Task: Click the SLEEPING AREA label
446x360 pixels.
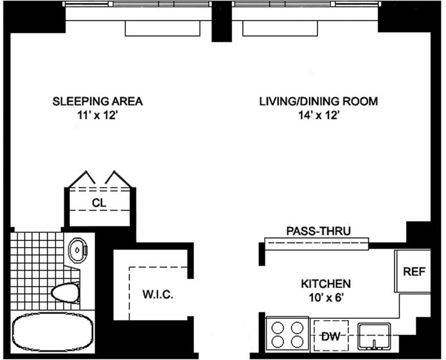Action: coord(98,102)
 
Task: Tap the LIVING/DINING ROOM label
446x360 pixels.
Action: coord(318,102)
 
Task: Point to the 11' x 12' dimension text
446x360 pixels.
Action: coord(97,115)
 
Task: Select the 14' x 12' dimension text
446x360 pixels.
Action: coord(318,115)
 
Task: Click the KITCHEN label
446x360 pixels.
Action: coord(326,283)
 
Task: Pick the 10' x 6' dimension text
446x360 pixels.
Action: coord(325,298)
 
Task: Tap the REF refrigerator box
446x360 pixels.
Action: coord(413,271)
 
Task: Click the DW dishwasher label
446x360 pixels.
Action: coord(331,337)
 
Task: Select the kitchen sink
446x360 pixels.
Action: coord(374,336)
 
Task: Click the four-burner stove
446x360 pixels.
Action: coord(287,334)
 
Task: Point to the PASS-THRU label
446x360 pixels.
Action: coord(318,231)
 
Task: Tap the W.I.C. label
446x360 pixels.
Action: coord(158,294)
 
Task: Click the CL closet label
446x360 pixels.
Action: coord(99,203)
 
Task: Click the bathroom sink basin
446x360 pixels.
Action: coord(77,250)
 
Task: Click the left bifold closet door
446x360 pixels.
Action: coord(82,179)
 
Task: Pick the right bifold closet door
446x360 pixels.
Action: coord(118,179)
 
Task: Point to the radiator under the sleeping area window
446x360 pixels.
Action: coord(163,29)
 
